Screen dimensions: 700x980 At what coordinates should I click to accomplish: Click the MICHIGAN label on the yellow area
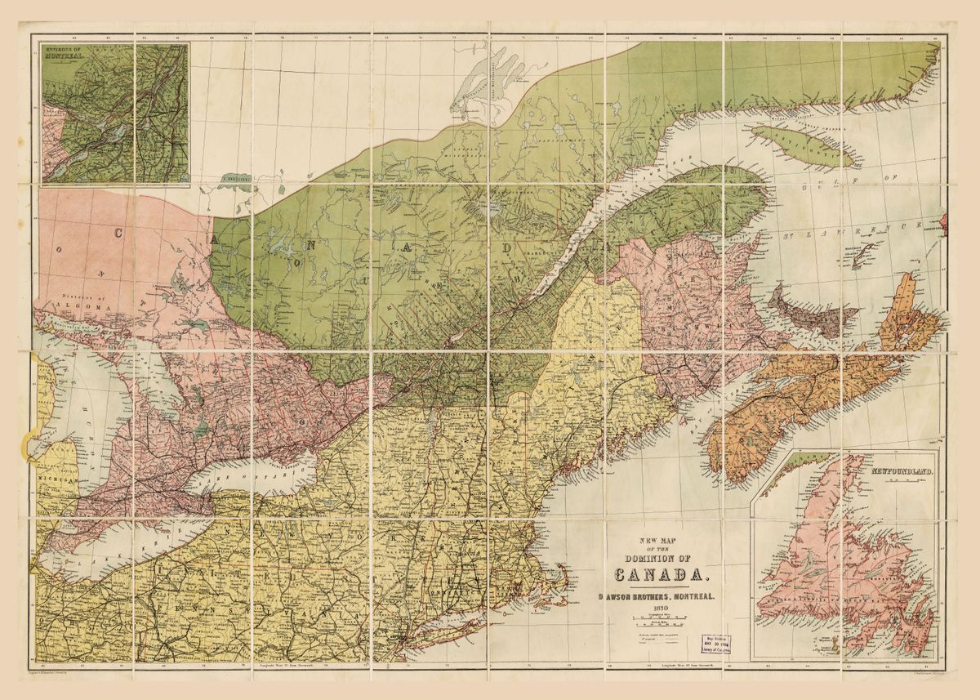59,482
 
